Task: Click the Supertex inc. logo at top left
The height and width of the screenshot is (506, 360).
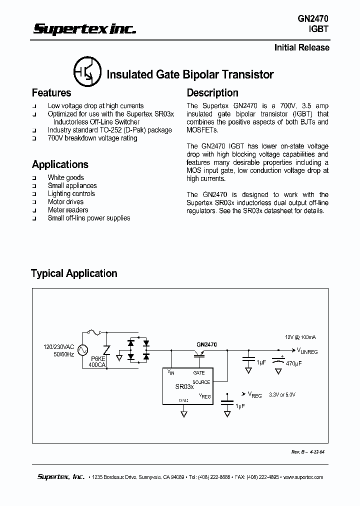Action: pos(84,29)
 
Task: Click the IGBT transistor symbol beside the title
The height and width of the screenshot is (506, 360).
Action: pos(87,73)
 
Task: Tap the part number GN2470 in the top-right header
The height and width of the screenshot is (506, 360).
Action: pos(313,18)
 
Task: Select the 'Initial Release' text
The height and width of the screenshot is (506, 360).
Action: pos(302,47)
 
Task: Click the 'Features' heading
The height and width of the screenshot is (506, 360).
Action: pos(51,93)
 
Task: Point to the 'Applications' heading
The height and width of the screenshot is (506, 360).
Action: pos(60,164)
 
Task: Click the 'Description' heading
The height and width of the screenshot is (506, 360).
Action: pos(212,93)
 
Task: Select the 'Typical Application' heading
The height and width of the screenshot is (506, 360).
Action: pos(74,273)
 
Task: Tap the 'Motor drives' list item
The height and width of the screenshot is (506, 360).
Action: pos(65,202)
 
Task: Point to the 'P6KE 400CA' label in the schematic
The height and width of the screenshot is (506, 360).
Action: pos(97,362)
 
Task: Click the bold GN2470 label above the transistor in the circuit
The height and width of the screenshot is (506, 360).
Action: pos(206,344)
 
